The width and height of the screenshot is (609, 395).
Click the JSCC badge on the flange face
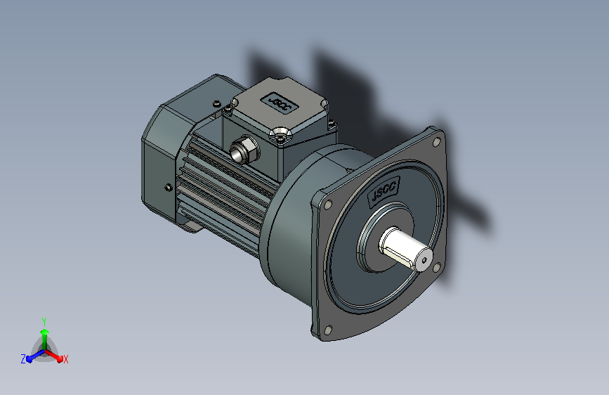(384, 190)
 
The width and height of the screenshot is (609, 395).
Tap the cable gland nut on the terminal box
(244, 149)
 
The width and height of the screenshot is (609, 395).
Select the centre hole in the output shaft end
(424, 260)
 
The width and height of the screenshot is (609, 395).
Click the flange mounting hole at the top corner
(437, 142)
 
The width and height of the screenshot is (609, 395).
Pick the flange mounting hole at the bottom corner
(328, 330)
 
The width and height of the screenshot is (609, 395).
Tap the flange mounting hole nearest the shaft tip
(437, 266)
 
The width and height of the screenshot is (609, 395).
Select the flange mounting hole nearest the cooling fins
(328, 205)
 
